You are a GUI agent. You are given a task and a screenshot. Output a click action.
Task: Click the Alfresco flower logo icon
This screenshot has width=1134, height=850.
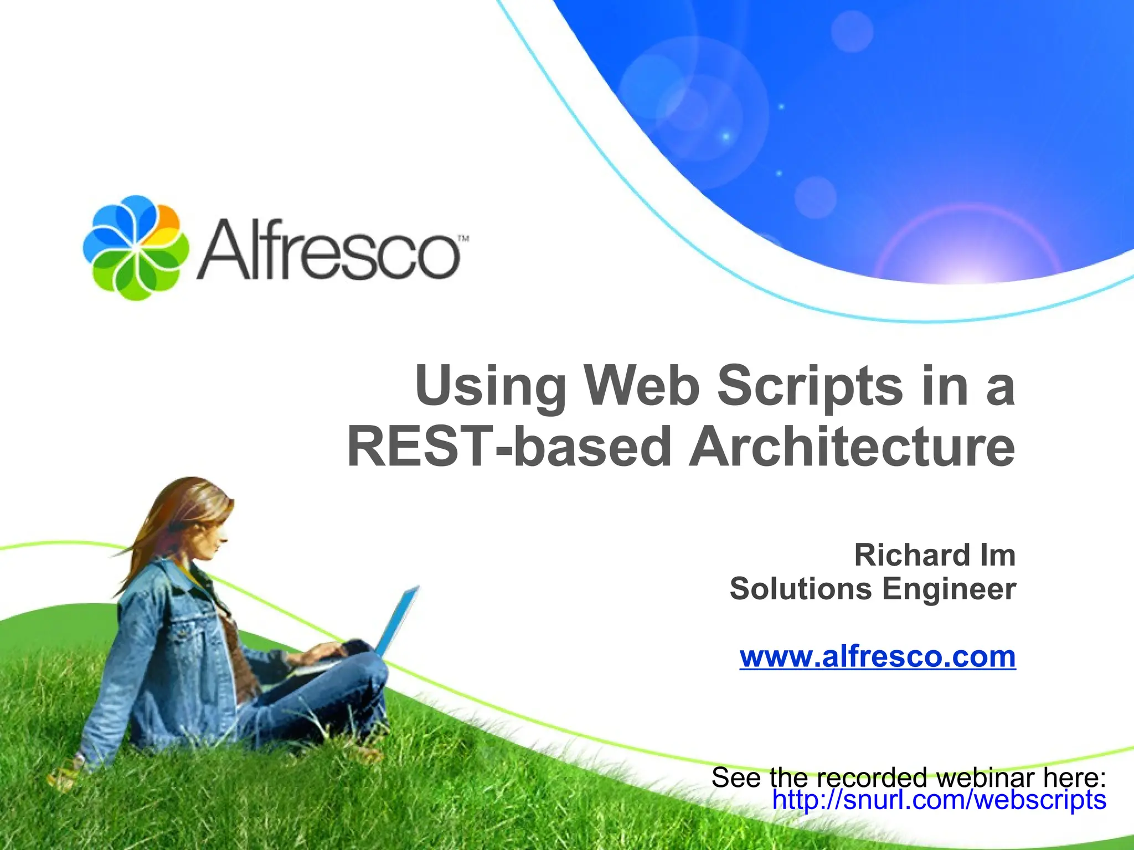pos(136,247)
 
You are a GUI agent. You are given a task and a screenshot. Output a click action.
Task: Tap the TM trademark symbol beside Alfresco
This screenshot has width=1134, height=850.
pos(463,239)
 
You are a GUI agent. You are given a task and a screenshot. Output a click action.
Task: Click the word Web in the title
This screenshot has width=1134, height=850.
pos(641,385)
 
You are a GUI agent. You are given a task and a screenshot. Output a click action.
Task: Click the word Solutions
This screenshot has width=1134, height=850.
pos(801,589)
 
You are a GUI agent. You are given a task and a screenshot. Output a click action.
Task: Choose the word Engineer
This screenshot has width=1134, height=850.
pos(949,589)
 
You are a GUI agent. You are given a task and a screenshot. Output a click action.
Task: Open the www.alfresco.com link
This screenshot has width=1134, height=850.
pos(878,657)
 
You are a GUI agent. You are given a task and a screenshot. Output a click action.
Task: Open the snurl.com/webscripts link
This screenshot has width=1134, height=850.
pos(939,800)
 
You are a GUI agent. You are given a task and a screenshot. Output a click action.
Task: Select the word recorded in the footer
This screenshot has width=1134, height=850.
pos(875,778)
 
